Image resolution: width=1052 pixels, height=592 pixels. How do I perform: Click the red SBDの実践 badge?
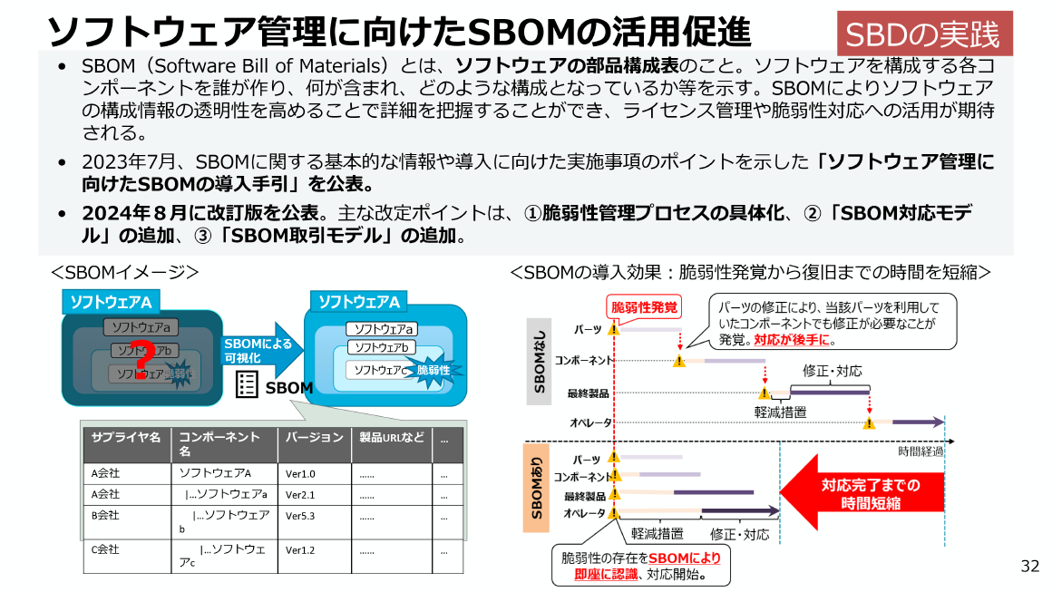click(x=923, y=35)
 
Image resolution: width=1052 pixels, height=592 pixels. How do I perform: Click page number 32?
click(x=1029, y=567)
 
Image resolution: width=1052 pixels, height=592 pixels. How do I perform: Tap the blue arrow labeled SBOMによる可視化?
click(x=258, y=349)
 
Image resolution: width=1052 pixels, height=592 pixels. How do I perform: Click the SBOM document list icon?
click(x=246, y=385)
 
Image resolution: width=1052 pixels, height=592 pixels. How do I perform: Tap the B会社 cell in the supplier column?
click(x=106, y=515)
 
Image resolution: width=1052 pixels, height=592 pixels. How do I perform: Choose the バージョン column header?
click(x=314, y=438)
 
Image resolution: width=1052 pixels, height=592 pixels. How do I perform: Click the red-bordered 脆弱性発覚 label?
click(x=644, y=307)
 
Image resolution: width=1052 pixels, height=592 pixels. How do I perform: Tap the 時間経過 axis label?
click(x=920, y=451)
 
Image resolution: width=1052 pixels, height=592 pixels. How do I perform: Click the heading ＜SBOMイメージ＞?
click(x=124, y=272)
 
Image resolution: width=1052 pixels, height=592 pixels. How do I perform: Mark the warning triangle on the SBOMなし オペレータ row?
click(x=869, y=422)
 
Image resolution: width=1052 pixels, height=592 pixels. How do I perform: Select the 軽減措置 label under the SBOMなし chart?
click(x=780, y=411)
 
